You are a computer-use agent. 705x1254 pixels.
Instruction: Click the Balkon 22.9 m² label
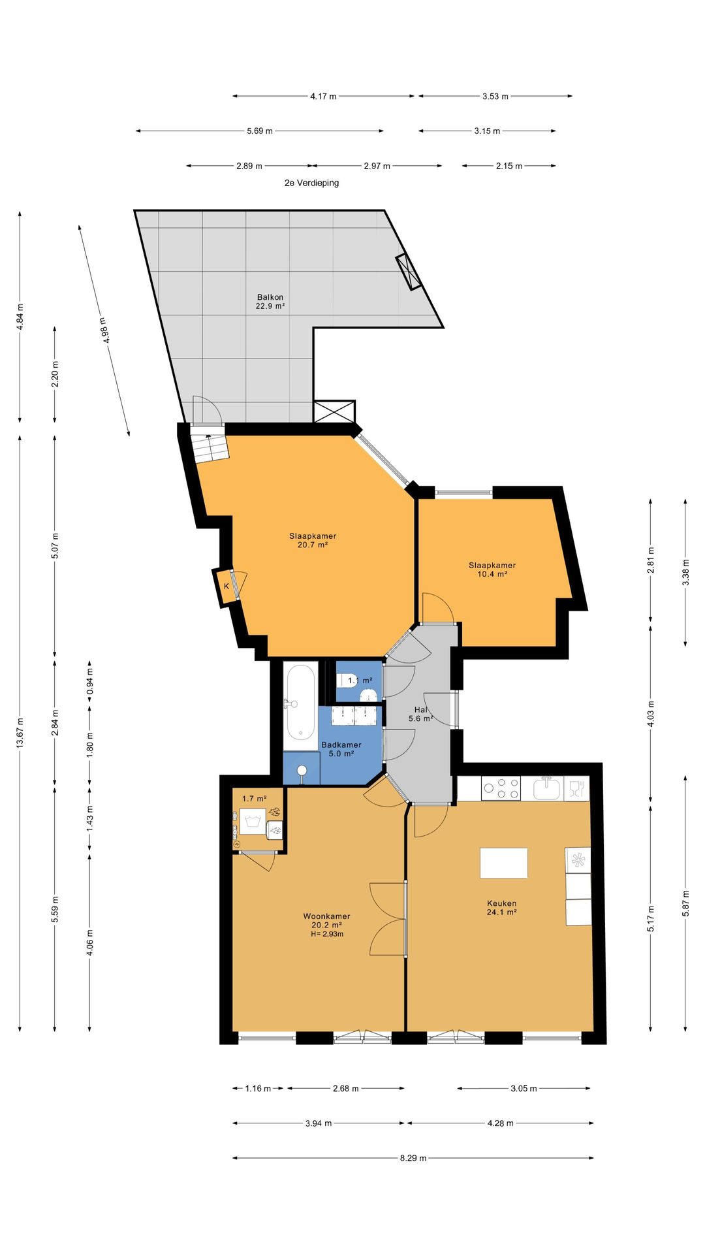tap(270, 302)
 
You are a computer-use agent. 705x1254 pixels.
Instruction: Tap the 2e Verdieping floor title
tap(311, 183)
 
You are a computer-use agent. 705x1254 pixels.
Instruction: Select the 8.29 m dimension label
tap(413, 1158)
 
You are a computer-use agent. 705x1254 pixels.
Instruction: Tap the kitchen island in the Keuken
tap(503, 863)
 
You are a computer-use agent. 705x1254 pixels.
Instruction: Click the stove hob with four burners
tap(501, 788)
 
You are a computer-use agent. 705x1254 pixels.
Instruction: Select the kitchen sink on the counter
tap(547, 788)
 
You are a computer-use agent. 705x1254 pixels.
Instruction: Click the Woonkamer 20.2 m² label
tap(327, 920)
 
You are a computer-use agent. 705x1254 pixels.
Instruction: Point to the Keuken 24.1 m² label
tap(501, 908)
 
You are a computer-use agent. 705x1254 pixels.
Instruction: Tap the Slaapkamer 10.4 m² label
tap(492, 570)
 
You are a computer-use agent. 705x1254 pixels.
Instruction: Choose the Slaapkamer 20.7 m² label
tap(313, 540)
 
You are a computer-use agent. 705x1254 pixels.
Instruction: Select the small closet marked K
tap(226, 587)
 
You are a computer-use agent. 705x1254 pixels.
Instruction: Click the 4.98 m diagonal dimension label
tap(104, 330)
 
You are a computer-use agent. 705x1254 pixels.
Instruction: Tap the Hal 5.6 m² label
tap(421, 714)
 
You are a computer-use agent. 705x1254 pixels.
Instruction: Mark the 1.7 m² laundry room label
tap(254, 799)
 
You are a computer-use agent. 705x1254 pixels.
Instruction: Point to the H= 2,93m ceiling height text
tap(327, 934)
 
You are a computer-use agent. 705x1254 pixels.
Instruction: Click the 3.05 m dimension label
tap(524, 1089)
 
